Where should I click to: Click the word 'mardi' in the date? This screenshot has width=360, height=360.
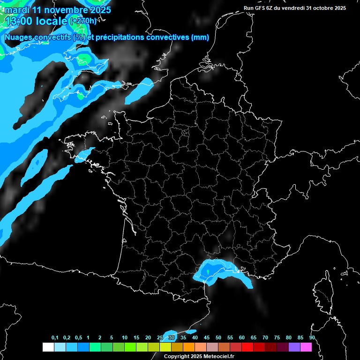(x=16, y=10)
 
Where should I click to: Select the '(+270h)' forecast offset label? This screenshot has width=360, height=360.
(x=83, y=21)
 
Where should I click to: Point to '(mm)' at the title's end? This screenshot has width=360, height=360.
(x=200, y=37)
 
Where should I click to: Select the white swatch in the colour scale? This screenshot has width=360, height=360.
(x=48, y=347)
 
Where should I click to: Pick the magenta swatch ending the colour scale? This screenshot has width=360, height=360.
(x=306, y=347)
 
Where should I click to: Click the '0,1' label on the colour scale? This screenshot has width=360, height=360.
(x=55, y=338)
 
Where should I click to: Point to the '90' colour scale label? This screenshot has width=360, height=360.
(x=312, y=338)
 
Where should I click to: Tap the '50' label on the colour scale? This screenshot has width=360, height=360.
(x=218, y=338)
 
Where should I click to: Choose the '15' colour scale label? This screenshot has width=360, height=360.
(x=136, y=338)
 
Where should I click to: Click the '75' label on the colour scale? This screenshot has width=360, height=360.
(x=277, y=338)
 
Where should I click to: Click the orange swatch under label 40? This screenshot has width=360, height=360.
(x=189, y=347)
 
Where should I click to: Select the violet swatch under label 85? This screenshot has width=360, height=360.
(x=294, y=347)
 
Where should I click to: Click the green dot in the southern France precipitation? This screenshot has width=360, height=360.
(x=208, y=270)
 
